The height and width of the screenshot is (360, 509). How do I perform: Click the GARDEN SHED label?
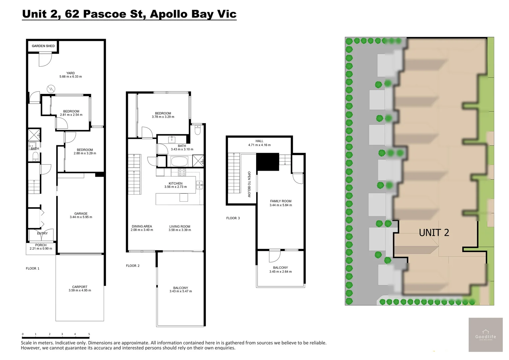click(x=43, y=46)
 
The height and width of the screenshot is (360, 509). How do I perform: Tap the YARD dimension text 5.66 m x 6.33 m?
click(x=71, y=77)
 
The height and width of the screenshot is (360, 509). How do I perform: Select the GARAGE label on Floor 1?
click(x=81, y=214)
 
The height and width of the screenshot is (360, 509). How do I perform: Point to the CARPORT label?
click(x=80, y=287)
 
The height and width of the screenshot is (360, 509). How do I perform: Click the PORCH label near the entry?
click(x=41, y=245)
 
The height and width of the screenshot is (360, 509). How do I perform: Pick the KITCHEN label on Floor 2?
click(x=176, y=183)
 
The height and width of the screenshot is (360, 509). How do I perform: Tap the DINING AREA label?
click(x=142, y=226)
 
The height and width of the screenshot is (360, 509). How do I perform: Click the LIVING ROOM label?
click(x=180, y=226)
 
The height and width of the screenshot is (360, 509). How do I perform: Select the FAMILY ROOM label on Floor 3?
click(x=280, y=201)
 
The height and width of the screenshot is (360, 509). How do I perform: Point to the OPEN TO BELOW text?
click(x=249, y=184)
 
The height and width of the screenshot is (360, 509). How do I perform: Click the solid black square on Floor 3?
click(x=268, y=162)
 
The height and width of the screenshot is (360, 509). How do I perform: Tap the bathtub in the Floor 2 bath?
click(x=180, y=161)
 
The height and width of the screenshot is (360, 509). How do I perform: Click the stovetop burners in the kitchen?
click(x=182, y=172)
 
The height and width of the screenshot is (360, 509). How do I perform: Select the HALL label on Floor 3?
click(x=259, y=141)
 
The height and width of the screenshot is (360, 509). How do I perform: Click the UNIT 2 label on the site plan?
click(x=434, y=233)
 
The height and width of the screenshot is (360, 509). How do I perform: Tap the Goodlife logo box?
click(x=486, y=335)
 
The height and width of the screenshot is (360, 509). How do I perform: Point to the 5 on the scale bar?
click(x=89, y=334)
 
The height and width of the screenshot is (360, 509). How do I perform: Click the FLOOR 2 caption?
click(x=133, y=266)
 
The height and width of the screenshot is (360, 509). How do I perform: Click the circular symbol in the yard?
click(x=51, y=89)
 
